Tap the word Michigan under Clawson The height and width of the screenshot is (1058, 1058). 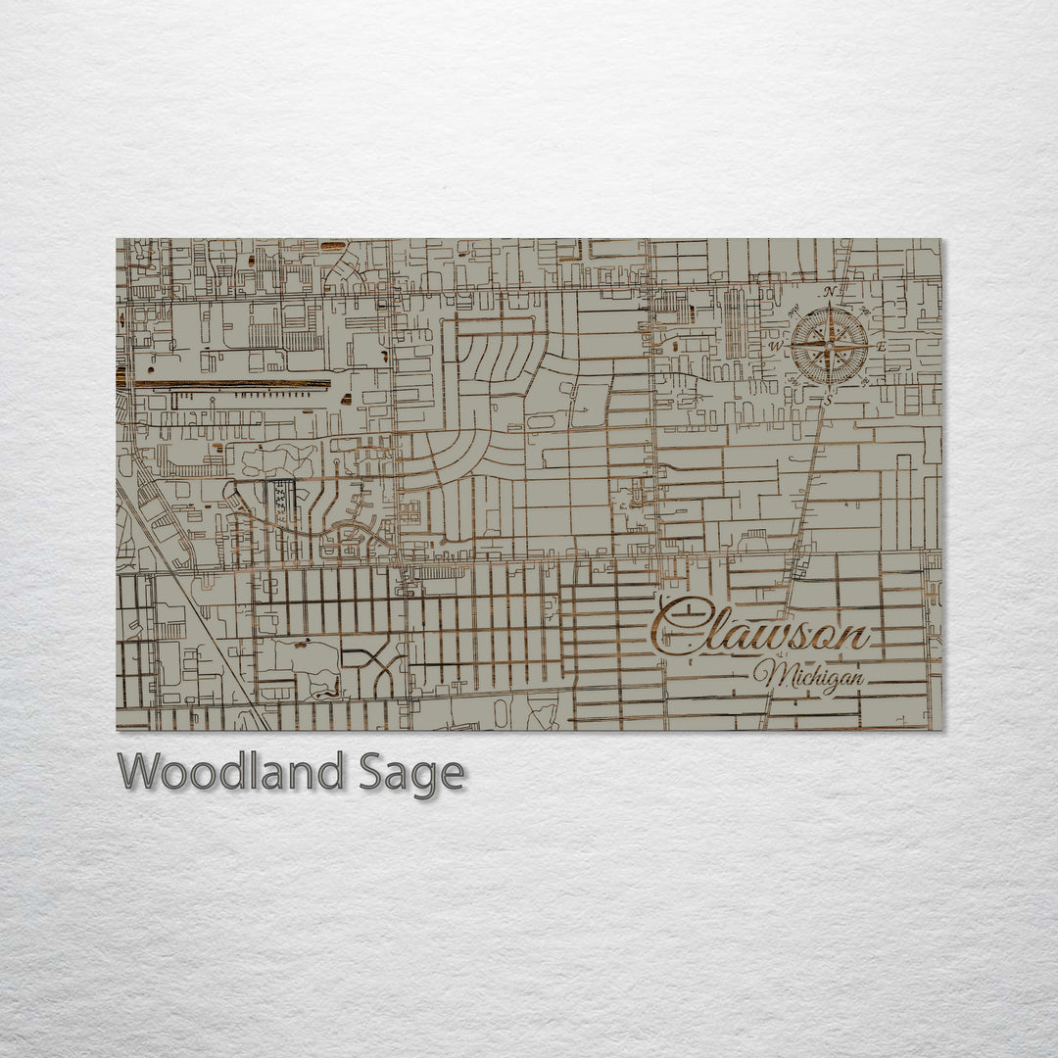[809, 676]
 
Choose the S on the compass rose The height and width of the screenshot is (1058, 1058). [828, 400]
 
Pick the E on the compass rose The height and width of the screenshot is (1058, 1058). [880, 347]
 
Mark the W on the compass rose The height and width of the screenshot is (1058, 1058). [775, 347]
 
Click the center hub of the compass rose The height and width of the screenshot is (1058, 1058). [829, 346]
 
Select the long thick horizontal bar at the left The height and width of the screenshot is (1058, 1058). [231, 383]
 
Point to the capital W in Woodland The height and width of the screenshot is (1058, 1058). [139, 772]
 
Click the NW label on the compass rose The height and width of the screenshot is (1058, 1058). [792, 310]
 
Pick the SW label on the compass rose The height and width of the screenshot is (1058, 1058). [792, 383]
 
